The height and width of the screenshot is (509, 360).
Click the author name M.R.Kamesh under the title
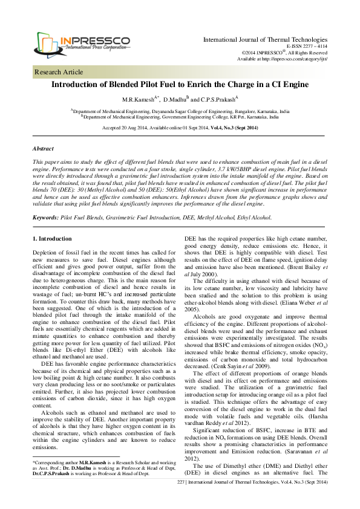point(139,99)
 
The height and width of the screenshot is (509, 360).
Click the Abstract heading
point(43,148)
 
